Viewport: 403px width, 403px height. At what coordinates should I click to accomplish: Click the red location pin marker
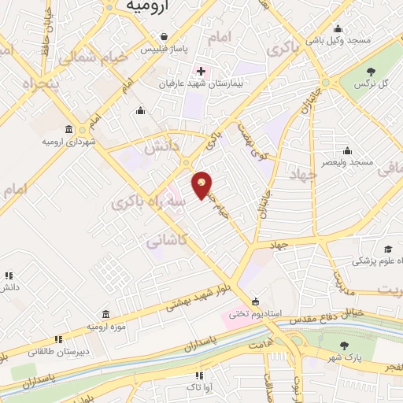pyautogui.click(x=202, y=186)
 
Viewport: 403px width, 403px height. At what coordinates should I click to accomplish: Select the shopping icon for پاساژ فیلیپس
pyautogui.click(x=163, y=36)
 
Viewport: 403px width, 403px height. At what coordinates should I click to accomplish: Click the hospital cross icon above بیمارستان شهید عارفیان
pyautogui.click(x=201, y=71)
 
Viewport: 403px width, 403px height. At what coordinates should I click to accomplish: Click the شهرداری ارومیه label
pyautogui.click(x=68, y=142)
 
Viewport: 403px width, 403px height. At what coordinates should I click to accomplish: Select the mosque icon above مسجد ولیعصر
pyautogui.click(x=347, y=150)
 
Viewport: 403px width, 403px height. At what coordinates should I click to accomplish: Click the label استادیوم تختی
pyautogui.click(x=255, y=313)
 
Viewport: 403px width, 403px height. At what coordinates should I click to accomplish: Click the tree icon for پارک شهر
pyautogui.click(x=344, y=346)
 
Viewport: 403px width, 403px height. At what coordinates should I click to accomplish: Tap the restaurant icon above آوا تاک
pyautogui.click(x=199, y=376)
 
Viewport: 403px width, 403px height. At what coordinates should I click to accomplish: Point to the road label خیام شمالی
pyautogui.click(x=87, y=54)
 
